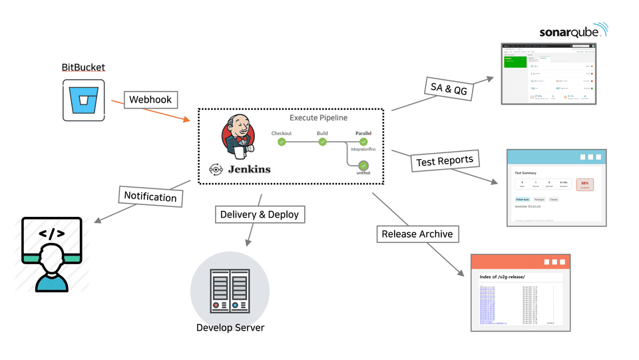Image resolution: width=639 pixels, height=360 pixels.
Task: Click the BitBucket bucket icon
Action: (x=83, y=100)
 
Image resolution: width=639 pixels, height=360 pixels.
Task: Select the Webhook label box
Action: (x=150, y=100)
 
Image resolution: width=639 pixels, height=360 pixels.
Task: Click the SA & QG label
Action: (x=449, y=89)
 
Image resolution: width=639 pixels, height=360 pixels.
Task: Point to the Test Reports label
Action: (x=445, y=160)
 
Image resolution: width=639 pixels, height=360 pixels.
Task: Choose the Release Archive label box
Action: (x=417, y=234)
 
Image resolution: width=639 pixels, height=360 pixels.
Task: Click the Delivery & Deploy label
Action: (x=260, y=214)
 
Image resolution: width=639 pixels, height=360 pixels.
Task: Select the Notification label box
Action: (x=150, y=196)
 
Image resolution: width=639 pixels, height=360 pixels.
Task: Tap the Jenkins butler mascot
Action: (x=238, y=136)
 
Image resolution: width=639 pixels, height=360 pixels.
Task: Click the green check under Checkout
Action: (x=282, y=142)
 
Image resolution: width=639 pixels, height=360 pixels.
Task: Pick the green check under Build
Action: (x=322, y=142)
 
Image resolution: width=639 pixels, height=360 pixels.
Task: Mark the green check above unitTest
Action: (x=363, y=165)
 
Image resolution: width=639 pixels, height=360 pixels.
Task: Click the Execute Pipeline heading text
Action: (x=318, y=118)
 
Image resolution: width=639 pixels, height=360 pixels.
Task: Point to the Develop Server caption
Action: (x=230, y=327)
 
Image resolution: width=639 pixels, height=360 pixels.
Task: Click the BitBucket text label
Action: (x=83, y=67)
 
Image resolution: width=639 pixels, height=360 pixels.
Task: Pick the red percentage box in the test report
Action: (x=585, y=184)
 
